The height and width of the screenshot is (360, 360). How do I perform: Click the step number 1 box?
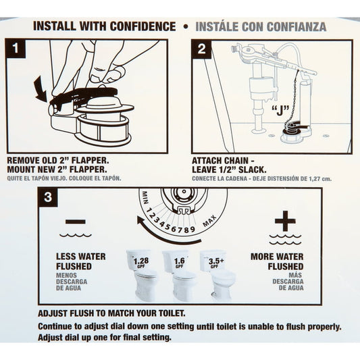pos(16,50)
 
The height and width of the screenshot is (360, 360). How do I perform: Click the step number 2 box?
pos(202,50)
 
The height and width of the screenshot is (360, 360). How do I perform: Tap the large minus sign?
pos(76,222)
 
